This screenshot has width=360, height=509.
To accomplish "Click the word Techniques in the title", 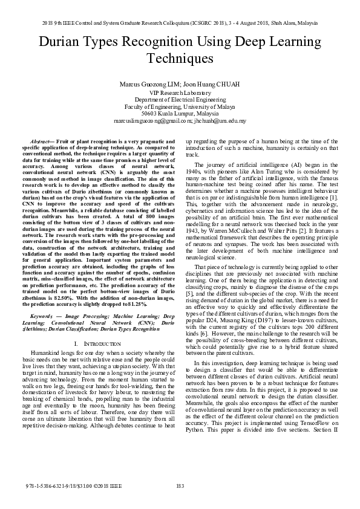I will point(180,59).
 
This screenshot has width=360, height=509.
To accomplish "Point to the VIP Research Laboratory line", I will point(180,92).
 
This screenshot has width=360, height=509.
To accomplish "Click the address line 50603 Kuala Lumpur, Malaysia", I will point(180,113).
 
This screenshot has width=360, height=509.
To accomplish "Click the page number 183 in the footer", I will point(180,486).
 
